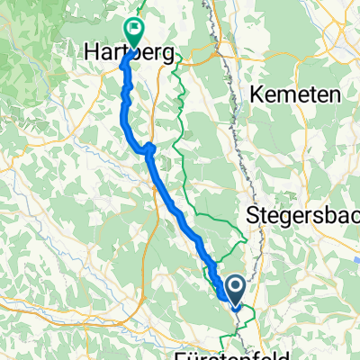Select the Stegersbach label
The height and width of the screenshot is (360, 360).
(302, 217)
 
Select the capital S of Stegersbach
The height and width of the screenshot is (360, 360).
(252, 217)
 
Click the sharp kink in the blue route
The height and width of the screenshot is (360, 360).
(149, 148)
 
